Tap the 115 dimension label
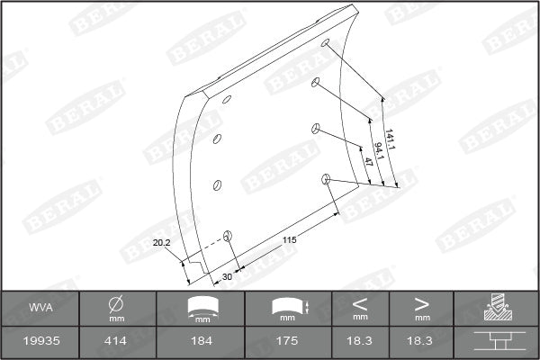tap(289, 239)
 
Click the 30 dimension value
tap(227, 276)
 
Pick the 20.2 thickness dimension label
tap(162, 243)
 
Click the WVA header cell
tap(40, 309)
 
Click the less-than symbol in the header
tap(360, 302)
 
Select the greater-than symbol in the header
tap(421, 302)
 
